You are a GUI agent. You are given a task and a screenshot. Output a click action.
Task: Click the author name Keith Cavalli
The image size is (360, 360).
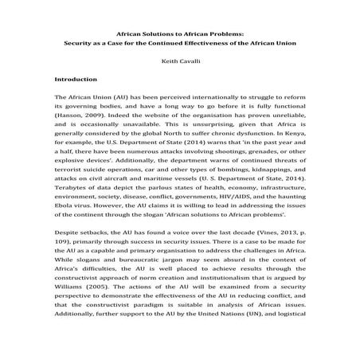[x=179, y=58]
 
